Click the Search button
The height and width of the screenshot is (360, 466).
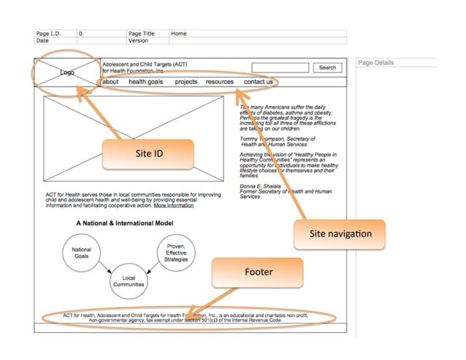coord(327,68)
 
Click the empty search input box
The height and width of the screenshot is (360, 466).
coord(280,68)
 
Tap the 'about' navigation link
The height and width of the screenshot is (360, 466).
coord(110,82)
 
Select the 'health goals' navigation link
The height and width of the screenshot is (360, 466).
coord(145,82)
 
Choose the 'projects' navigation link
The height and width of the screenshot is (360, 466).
coord(186,82)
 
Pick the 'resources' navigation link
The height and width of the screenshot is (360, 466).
coord(219,82)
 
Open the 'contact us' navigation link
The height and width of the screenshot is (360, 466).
coord(258,82)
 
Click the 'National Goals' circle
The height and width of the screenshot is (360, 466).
coord(81,253)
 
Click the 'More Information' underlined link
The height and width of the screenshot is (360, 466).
coord(174,205)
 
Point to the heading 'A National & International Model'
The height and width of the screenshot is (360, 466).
coord(124,222)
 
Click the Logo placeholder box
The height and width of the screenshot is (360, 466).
coord(66,72)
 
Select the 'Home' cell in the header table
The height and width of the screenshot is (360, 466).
coord(179,34)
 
